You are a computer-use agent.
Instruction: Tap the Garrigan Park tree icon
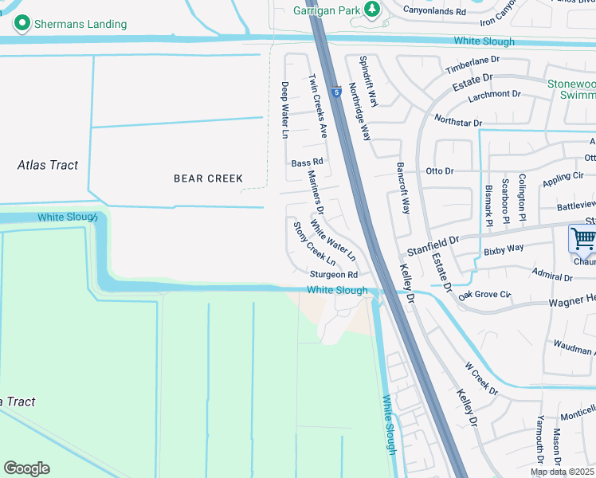click(x=371, y=9)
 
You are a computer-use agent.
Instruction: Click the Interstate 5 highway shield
click(x=338, y=92)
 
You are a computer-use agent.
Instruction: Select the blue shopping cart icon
click(x=583, y=237)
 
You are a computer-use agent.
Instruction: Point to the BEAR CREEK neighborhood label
click(x=208, y=178)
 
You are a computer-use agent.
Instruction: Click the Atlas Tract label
click(x=48, y=165)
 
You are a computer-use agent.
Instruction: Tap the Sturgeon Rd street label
click(x=334, y=275)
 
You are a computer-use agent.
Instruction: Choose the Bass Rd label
click(x=307, y=163)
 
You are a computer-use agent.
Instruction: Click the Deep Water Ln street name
click(x=284, y=110)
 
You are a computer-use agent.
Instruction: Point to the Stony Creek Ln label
click(x=314, y=244)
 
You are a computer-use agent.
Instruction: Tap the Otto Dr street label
click(x=440, y=171)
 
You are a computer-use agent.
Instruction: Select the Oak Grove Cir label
click(x=484, y=295)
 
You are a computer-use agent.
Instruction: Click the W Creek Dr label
click(x=481, y=379)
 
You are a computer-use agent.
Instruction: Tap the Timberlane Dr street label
click(x=472, y=61)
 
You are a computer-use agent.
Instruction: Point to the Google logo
click(x=26, y=468)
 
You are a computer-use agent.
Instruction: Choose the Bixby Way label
click(x=504, y=249)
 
